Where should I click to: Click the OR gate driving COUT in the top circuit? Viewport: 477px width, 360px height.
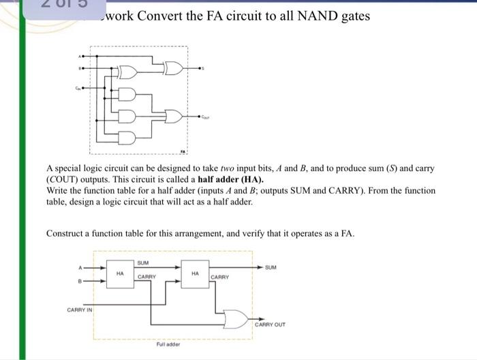174,116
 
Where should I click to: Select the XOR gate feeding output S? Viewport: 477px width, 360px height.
173,67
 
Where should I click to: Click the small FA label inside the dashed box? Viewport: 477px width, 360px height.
182,150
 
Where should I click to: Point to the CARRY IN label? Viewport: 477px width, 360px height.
80,310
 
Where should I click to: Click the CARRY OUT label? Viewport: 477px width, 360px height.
270,325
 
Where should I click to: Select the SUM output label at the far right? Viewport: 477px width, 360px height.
271,267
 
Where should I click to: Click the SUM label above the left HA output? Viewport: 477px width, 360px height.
143,262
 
